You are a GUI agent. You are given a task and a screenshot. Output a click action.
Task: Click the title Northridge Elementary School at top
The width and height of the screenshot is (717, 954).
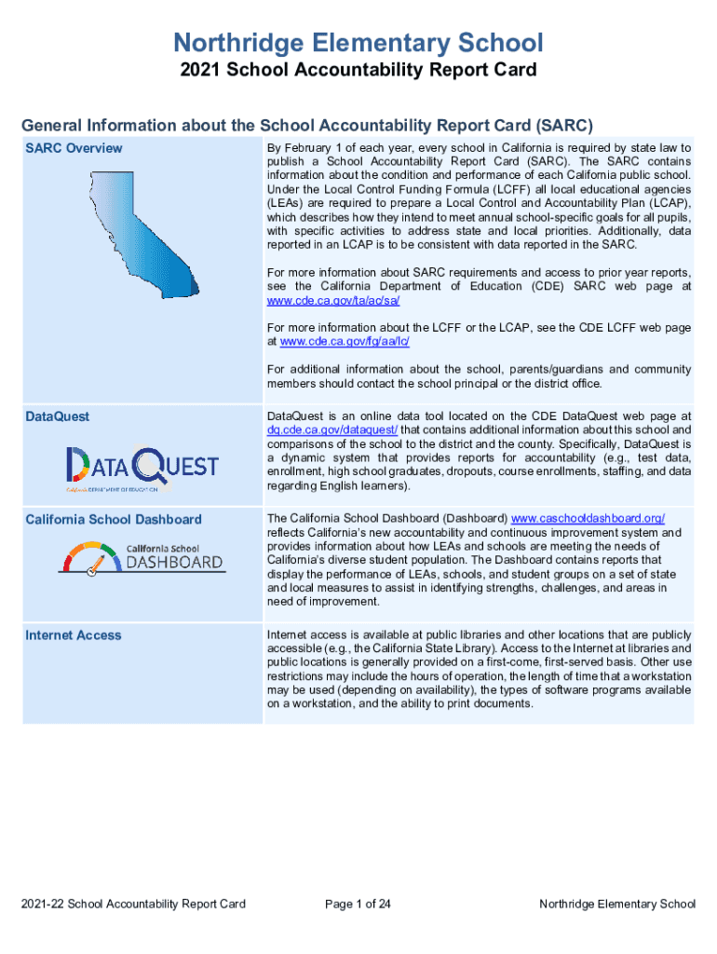point(358,43)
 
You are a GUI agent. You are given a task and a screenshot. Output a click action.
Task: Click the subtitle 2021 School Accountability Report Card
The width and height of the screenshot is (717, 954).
point(358,71)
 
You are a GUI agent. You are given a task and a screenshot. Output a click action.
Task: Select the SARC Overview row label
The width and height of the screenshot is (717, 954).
point(74,148)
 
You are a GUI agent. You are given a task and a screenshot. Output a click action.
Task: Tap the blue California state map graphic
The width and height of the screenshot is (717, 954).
point(140,233)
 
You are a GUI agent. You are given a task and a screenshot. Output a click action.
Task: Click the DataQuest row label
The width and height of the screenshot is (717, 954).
point(58,416)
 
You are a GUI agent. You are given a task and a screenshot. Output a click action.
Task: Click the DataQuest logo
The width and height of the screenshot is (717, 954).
point(142,466)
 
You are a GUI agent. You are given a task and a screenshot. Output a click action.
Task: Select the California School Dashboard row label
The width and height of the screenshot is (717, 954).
point(113,519)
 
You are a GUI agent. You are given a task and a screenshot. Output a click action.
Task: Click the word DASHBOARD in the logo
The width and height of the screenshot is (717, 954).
point(174,563)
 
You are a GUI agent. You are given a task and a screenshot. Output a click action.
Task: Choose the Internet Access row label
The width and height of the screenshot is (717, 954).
point(74,634)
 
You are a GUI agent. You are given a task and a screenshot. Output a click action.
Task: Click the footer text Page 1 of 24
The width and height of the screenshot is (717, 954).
point(358,904)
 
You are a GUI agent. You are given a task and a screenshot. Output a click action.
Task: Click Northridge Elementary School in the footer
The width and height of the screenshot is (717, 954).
point(617,904)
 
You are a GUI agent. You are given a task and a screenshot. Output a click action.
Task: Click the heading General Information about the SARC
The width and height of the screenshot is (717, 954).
point(307,125)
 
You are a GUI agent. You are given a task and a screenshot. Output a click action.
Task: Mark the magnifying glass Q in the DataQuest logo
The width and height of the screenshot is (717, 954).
point(149,463)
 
